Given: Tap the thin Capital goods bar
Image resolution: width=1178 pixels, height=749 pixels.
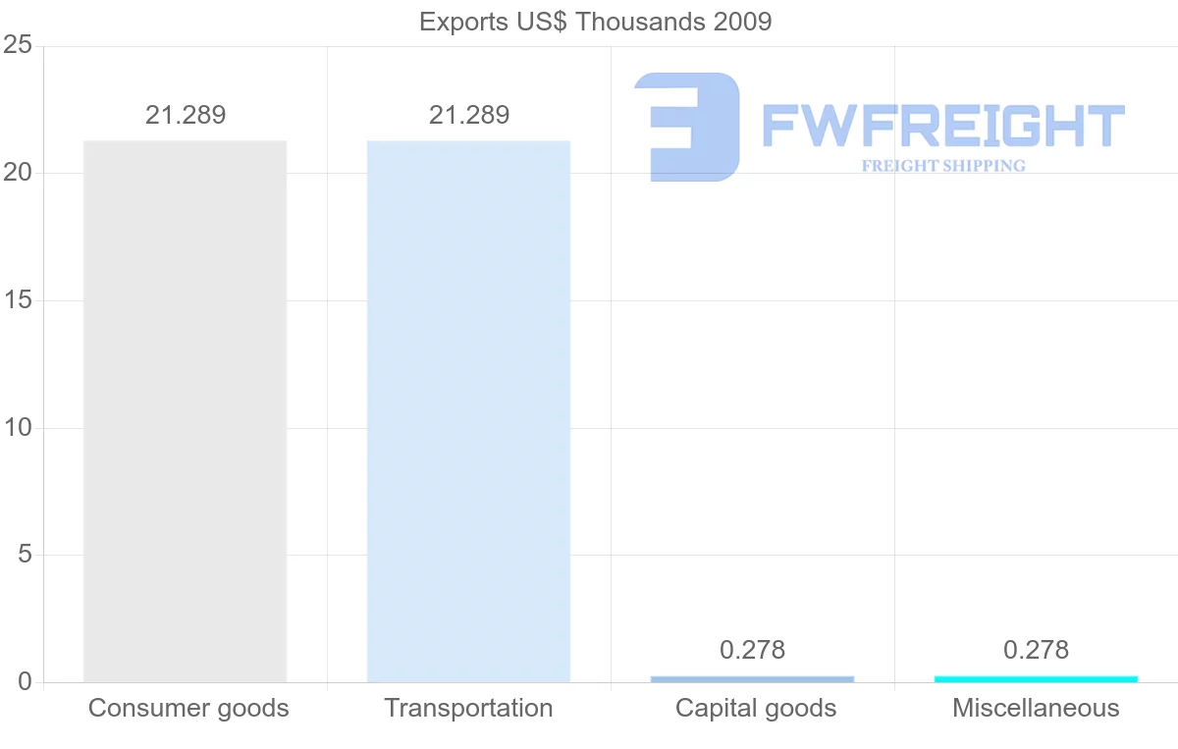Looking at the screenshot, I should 752,678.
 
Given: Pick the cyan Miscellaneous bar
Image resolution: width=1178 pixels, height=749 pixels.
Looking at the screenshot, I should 1036,678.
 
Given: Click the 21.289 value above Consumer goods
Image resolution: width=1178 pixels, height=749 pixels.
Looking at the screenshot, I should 186,115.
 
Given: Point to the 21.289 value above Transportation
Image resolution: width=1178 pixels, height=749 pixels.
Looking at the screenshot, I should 469,115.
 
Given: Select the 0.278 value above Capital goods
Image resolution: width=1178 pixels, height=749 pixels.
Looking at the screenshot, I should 753,650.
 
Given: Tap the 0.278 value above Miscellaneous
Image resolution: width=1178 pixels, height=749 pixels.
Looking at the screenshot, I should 1036,650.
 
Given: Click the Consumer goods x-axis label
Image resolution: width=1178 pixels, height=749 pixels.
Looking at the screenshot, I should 188,708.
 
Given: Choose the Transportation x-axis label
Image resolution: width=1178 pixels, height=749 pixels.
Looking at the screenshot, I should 468,708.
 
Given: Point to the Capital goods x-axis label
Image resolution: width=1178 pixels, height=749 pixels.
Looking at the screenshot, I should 756,708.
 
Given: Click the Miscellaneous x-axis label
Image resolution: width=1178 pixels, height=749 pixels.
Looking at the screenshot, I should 1036,708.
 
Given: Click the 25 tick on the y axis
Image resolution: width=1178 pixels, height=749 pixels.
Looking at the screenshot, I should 18,45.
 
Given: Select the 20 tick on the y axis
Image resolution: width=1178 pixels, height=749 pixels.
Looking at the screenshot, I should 18,173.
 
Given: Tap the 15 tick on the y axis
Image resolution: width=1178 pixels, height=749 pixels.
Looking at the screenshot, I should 18,300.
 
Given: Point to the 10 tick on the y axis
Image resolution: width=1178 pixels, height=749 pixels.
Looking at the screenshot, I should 18,428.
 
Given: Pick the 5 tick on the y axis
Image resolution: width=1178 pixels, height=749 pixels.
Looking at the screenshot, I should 25,555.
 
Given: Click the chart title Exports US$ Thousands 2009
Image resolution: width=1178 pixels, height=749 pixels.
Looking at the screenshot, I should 595,22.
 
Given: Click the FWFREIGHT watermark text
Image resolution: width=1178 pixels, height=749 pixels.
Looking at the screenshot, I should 942,127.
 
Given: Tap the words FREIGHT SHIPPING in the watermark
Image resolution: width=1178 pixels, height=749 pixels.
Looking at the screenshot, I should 943,166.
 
